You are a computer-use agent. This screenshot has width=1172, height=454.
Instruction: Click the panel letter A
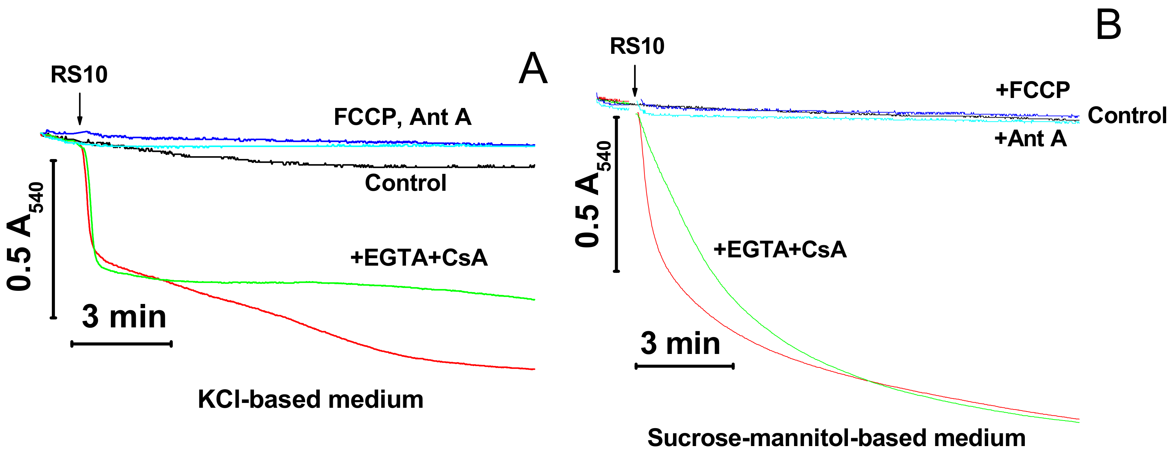(533, 69)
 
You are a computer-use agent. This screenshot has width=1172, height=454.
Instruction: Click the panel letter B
(1108, 26)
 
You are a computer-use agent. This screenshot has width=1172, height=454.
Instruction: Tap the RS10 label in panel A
(79, 75)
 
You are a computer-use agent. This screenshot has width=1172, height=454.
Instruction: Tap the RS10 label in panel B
(636, 46)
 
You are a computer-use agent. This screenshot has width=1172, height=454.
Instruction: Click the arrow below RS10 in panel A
(79, 109)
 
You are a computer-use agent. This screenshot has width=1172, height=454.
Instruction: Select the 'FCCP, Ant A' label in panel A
(402, 117)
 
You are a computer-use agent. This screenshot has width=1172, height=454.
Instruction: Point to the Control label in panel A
(405, 183)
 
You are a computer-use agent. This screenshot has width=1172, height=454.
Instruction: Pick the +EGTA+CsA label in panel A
(418, 258)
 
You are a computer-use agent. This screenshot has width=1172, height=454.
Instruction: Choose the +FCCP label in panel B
(1032, 90)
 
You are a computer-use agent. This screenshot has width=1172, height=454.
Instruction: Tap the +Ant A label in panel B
(1030, 138)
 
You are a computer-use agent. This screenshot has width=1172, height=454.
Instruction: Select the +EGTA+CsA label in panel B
(780, 249)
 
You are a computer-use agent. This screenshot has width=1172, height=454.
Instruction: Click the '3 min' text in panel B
(680, 344)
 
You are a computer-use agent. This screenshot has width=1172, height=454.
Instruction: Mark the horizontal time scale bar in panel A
(122, 344)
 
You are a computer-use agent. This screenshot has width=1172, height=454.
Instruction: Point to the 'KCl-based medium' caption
(310, 399)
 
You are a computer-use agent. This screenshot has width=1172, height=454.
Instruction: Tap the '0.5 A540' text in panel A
(25, 236)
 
